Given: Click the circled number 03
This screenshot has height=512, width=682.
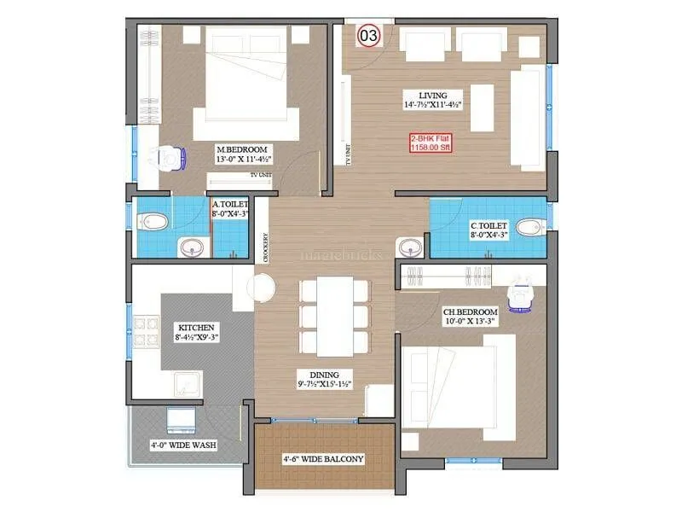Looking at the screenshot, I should click(x=368, y=36).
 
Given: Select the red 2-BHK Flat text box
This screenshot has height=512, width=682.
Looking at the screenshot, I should click(x=432, y=143).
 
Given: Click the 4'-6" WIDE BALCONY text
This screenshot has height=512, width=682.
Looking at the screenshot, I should click(x=323, y=459).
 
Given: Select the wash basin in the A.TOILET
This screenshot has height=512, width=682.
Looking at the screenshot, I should click(x=190, y=248).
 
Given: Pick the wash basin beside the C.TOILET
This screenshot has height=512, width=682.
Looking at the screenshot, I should click(x=410, y=248).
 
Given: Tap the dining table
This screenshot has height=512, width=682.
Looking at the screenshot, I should click(x=324, y=316).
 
